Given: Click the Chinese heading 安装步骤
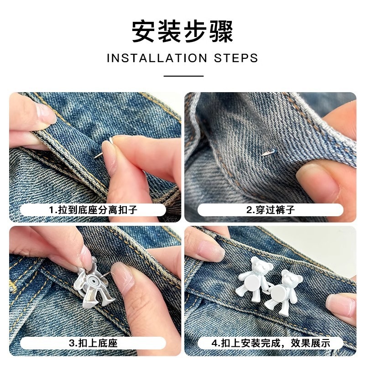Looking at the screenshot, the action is coord(182,31).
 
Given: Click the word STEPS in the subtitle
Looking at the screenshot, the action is coord(236,58).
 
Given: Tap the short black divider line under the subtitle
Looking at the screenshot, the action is coord(183,76).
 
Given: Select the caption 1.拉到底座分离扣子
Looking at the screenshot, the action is coord(93,210).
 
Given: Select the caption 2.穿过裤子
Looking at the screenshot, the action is coord(271,210).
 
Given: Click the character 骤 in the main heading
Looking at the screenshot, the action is coord(222,31).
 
